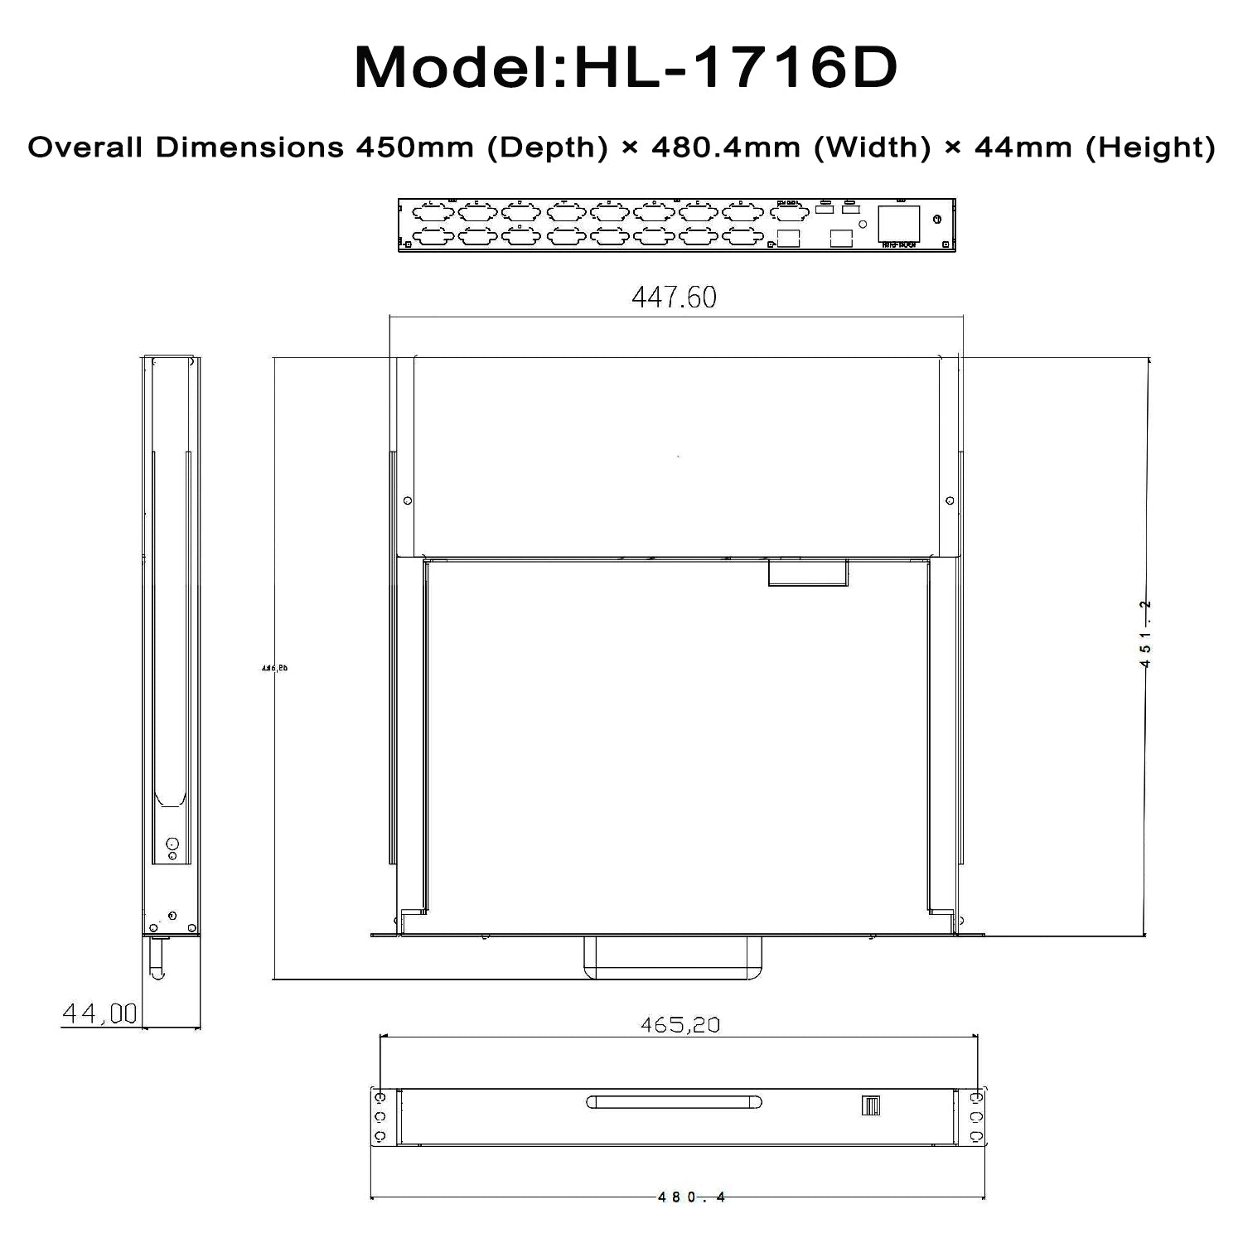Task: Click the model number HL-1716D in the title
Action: (735, 68)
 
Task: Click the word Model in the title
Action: (452, 68)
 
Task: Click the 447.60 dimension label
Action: (674, 297)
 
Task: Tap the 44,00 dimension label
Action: (99, 1013)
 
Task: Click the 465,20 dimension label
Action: (680, 1025)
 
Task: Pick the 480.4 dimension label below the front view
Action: (691, 1197)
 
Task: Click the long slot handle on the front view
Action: (674, 1102)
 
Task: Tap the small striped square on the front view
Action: (870, 1105)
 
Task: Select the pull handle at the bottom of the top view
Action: (673, 959)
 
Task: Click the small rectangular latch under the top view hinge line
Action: (807, 573)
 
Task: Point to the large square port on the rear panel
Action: (899, 223)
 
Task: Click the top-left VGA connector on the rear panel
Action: (433, 211)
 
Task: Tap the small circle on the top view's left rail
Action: (407, 501)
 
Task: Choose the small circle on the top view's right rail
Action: (950, 501)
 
